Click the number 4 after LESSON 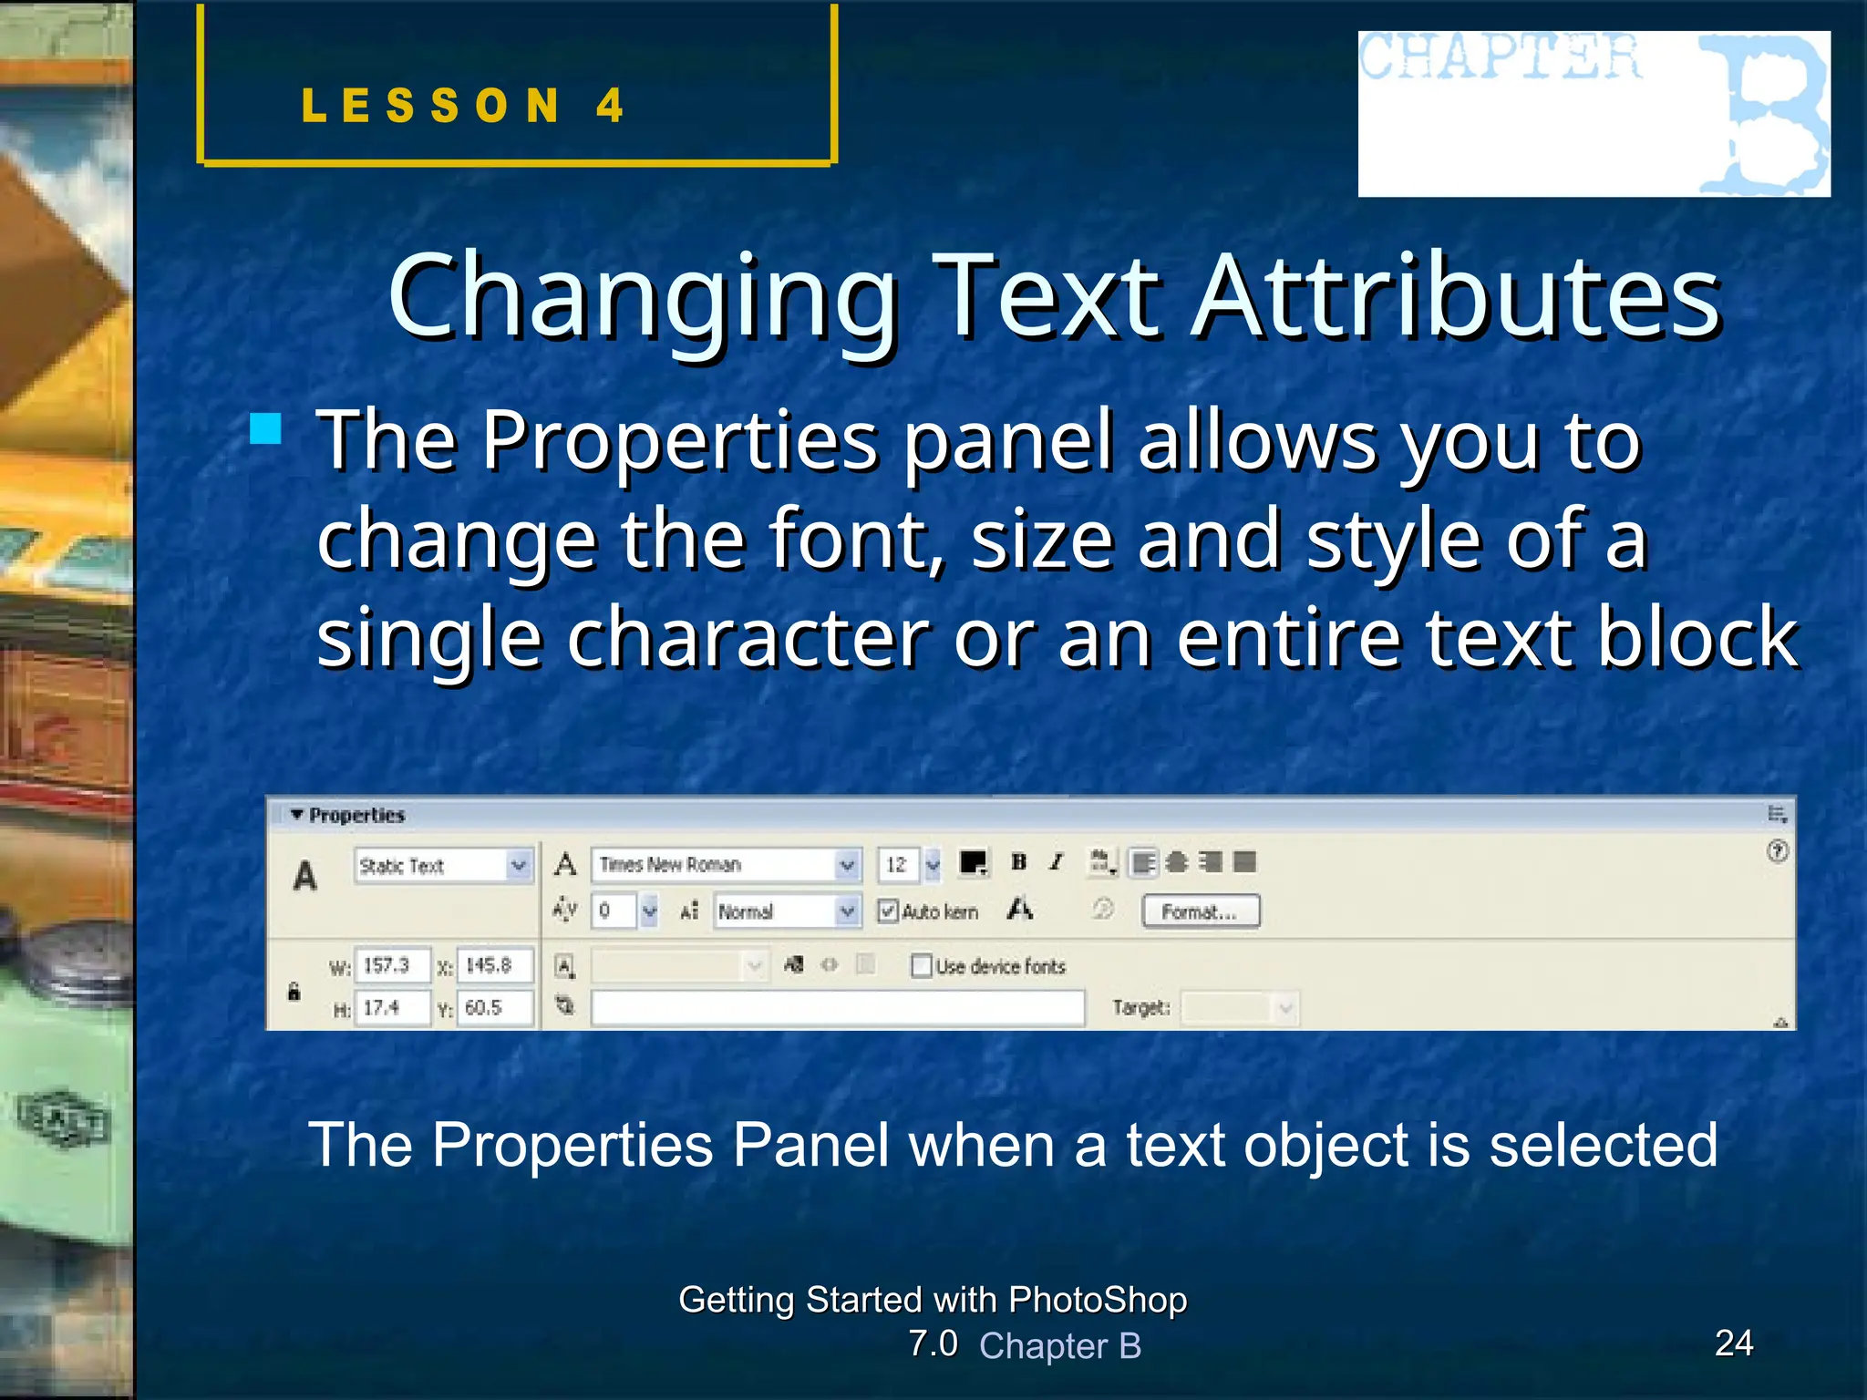[x=609, y=106]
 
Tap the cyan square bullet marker [x=265, y=427]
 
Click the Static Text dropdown [x=441, y=865]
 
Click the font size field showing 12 [x=897, y=864]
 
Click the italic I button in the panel [x=1056, y=862]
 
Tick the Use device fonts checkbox [x=922, y=965]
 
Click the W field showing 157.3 [x=390, y=965]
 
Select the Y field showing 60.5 [x=492, y=1008]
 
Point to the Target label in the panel [x=1140, y=1008]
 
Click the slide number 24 [x=1733, y=1343]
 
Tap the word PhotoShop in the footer [x=1097, y=1299]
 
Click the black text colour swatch [x=973, y=862]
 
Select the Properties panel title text [x=356, y=815]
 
